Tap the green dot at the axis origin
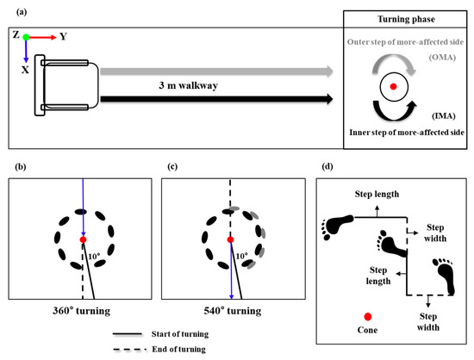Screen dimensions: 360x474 pyautogui.click(x=26, y=37)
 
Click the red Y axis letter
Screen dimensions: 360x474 pyautogui.click(x=63, y=37)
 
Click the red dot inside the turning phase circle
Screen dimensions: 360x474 pyautogui.click(x=394, y=87)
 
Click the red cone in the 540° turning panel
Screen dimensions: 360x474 pyautogui.click(x=230, y=239)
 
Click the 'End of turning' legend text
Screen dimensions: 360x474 pyautogui.click(x=193, y=349)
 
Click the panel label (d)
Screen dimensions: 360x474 pyautogui.click(x=321, y=167)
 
